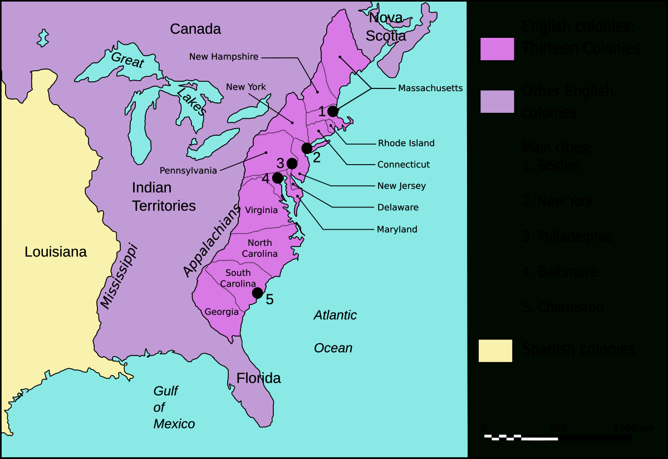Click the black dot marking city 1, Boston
(333, 111)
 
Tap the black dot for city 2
(307, 148)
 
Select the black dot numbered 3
(292, 164)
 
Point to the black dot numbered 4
(278, 178)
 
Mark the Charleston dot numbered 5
(257, 293)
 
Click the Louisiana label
(56, 252)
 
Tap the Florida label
(258, 378)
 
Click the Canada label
(195, 29)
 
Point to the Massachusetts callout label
(430, 88)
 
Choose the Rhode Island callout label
(406, 143)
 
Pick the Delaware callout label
(397, 208)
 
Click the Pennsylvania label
(188, 170)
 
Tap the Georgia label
(222, 312)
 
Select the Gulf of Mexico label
(174, 407)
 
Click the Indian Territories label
(164, 196)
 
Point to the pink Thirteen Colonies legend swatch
(497, 48)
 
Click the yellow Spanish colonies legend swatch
(495, 351)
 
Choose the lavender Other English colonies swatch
(497, 101)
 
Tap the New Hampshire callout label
(224, 57)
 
